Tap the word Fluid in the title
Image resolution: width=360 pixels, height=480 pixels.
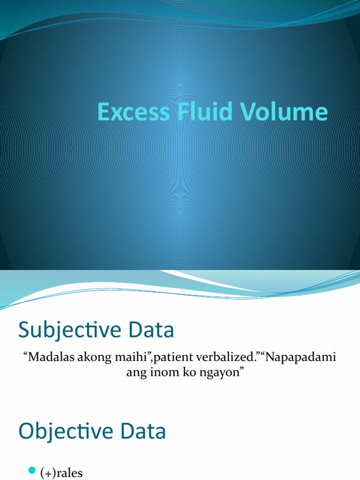point(196,112)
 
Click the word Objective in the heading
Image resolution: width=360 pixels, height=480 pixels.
point(69,432)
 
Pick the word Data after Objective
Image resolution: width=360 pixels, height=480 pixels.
point(146,432)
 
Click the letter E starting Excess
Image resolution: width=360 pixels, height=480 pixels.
point(103,112)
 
